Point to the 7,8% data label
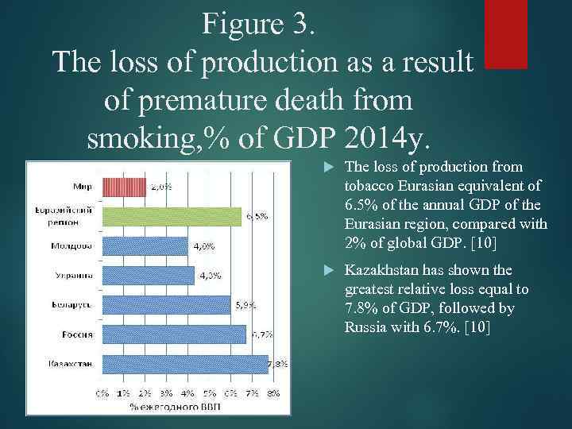277,365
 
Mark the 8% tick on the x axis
272,392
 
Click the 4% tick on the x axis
188,392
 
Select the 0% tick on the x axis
102,392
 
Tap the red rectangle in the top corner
505,33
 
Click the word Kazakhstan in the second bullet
381,270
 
